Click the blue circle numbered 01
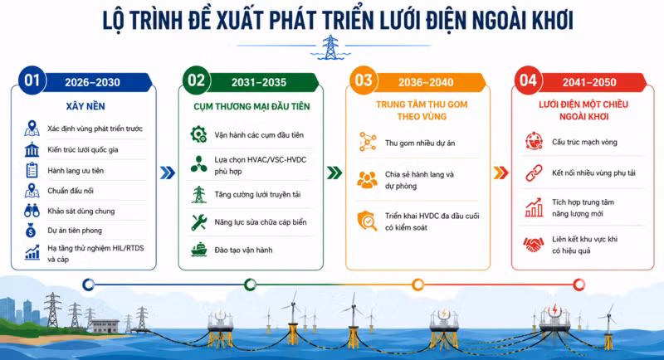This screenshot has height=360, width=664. click(32, 80)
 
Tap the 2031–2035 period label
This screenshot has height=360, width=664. click(259, 82)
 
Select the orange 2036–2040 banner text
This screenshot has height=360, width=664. click(426, 82)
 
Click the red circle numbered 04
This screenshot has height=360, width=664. click(528, 80)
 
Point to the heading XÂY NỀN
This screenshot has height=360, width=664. click(85, 106)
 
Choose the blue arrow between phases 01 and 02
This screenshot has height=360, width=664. click(168, 173)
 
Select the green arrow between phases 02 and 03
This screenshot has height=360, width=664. click(334, 173)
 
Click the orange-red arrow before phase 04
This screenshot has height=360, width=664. click(501, 173)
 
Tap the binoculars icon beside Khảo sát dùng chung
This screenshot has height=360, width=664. click(32, 211)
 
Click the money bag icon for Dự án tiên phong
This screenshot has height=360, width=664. click(31, 231)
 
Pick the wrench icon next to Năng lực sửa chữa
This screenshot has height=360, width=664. click(198, 222)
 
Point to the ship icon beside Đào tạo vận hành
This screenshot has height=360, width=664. click(198, 250)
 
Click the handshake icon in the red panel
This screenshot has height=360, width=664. click(533, 245)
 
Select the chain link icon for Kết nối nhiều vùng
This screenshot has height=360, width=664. click(534, 173)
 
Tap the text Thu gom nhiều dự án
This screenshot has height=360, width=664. click(420, 143)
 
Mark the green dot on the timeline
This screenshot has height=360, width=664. click(251, 285)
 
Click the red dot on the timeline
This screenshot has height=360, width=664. click(579, 285)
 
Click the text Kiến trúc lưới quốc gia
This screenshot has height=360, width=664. click(82, 150)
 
